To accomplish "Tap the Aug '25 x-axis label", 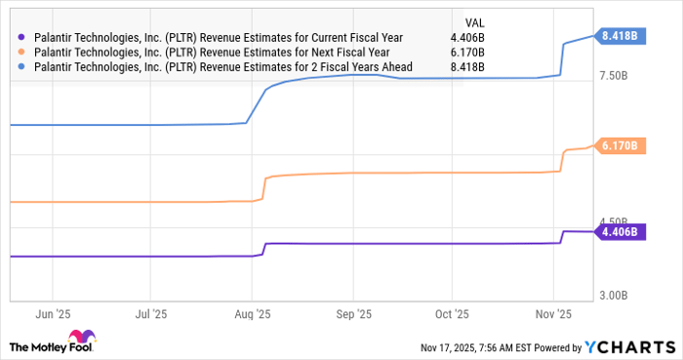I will (253, 314).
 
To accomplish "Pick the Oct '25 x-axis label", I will (453, 314).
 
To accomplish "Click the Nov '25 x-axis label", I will (553, 314).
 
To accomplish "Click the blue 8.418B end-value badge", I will (621, 36).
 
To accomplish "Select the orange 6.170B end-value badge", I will (621, 146).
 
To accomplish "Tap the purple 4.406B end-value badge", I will (621, 232).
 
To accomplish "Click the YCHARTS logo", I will (629, 346).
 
